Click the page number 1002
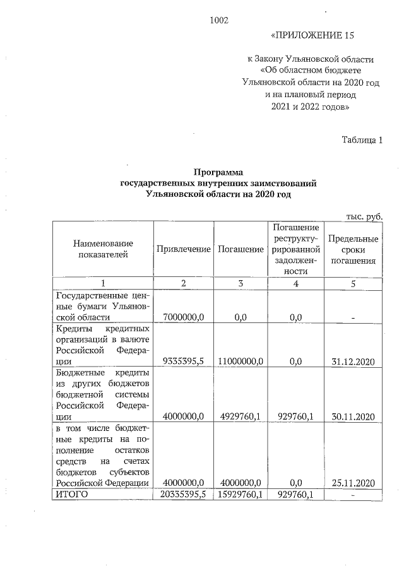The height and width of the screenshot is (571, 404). point(218,20)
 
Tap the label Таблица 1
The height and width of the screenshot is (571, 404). point(362,139)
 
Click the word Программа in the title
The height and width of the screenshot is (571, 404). point(218,172)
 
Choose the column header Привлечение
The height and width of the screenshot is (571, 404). point(183,249)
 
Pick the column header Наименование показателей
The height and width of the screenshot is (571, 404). point(103,249)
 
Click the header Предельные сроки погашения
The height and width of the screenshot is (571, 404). point(353,249)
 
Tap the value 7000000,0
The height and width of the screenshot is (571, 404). point(184,317)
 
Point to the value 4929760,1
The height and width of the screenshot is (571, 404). point(240,416)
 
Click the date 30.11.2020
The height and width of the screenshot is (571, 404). point(353,416)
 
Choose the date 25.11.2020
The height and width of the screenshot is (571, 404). point(353,483)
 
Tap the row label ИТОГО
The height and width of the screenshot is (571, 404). point(71,494)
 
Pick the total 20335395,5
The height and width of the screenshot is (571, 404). point(184,494)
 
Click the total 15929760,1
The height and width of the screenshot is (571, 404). point(240,494)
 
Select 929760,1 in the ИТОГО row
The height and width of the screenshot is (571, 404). point(296,494)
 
